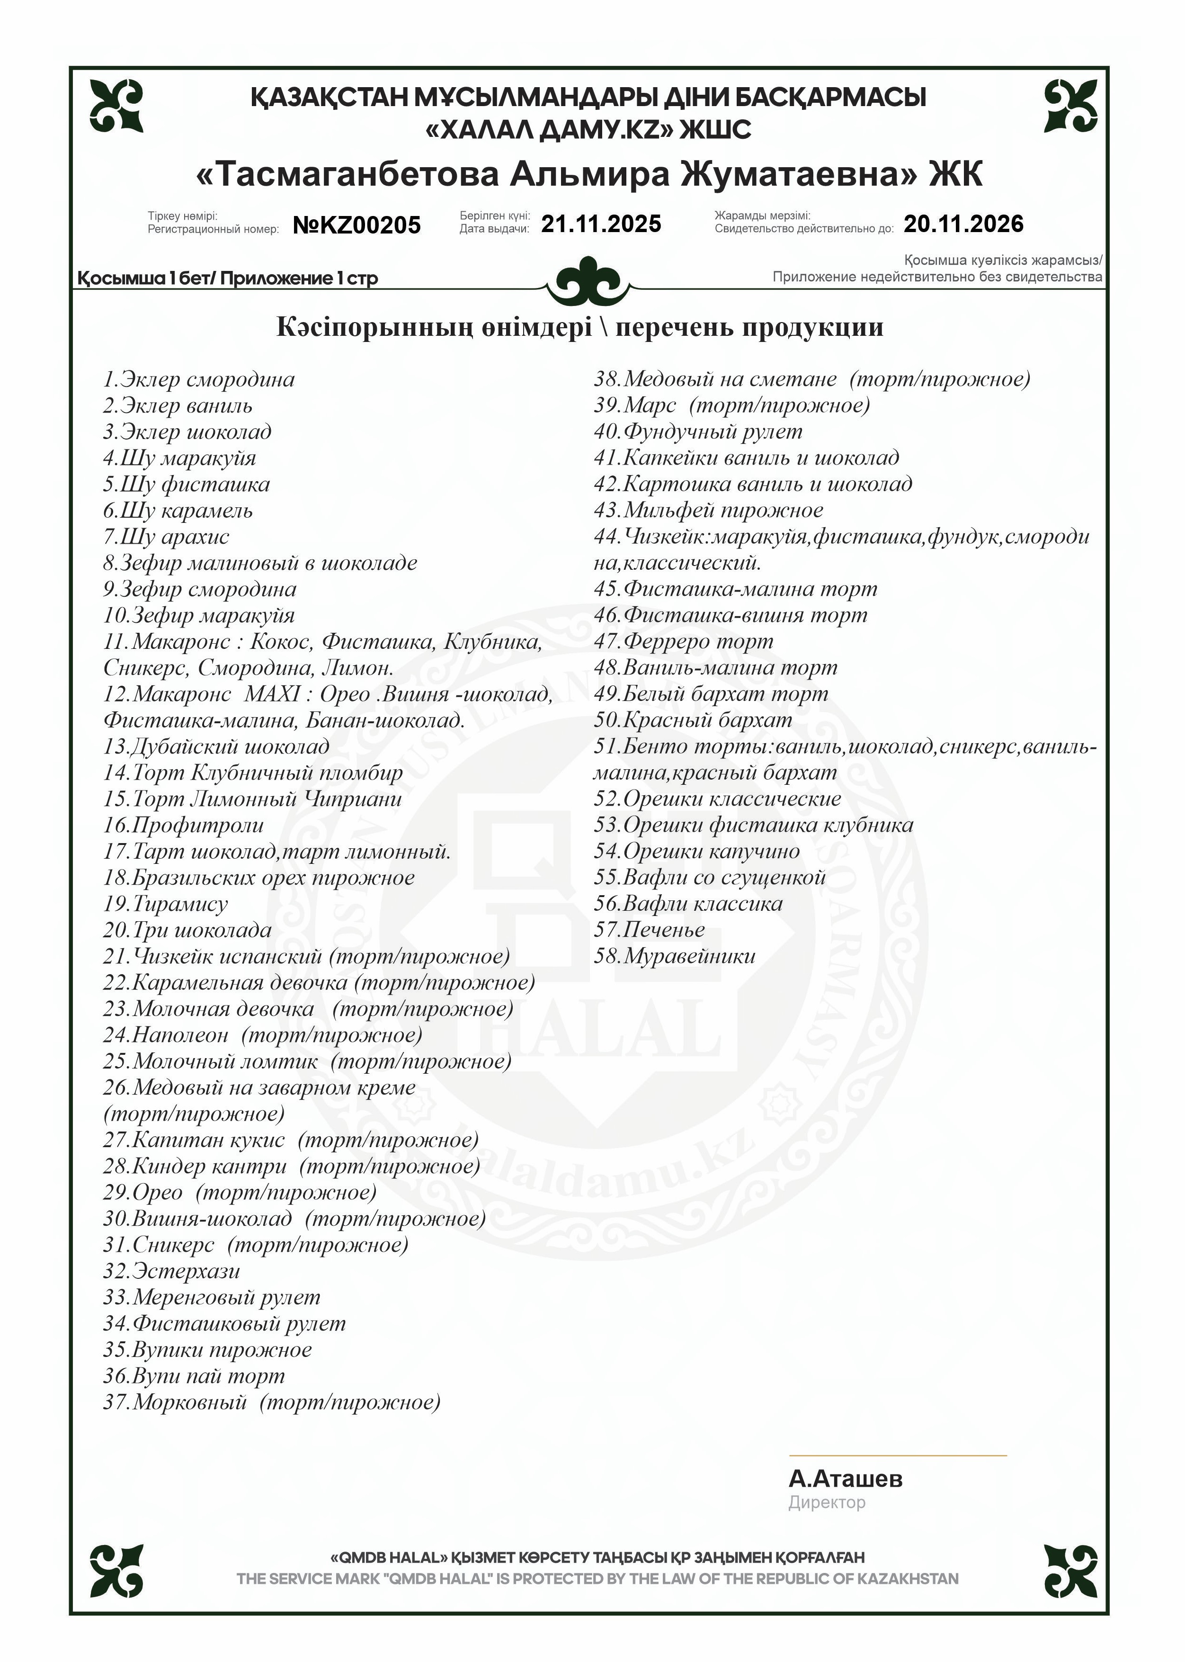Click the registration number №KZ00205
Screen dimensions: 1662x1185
click(357, 225)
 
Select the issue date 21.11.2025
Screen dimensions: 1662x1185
click(600, 224)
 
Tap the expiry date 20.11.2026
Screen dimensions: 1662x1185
click(963, 224)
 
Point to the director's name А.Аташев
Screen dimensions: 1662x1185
click(845, 1479)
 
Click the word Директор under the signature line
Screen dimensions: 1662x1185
click(826, 1503)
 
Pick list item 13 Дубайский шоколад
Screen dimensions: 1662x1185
click(216, 747)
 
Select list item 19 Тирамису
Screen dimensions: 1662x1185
click(166, 904)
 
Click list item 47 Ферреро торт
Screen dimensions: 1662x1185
click(683, 642)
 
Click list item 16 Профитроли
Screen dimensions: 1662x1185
click(183, 826)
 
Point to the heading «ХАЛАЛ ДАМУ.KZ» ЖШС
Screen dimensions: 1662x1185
click(588, 130)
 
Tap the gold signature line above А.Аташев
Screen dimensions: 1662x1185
click(898, 1456)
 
